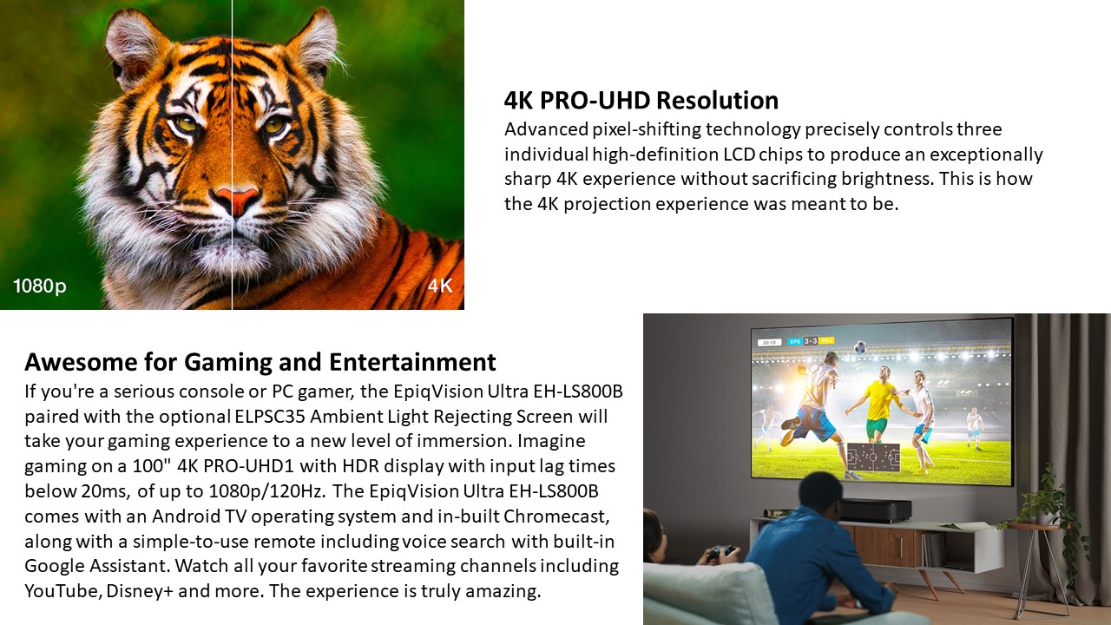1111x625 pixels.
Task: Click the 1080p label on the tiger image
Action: point(40,286)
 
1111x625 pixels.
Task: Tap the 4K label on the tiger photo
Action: point(440,286)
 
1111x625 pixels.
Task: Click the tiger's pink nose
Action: point(237,199)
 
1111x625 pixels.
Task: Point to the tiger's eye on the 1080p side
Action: point(186,123)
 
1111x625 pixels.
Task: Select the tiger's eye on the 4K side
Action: point(274,124)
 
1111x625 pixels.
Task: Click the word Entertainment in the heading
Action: point(412,362)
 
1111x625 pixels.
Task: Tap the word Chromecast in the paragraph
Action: point(556,516)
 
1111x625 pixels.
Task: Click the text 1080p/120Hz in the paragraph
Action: point(266,491)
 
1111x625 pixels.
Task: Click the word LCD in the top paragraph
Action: point(739,155)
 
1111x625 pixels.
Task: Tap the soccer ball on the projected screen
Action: point(860,346)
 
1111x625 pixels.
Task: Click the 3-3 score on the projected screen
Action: point(811,341)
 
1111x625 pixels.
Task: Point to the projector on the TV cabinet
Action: point(867,510)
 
